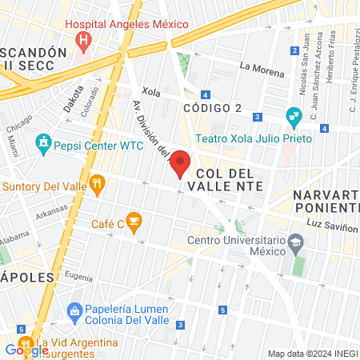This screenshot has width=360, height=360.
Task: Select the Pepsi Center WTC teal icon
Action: pos(43,146)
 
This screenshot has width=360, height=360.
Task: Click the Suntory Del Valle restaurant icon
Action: pos(98,186)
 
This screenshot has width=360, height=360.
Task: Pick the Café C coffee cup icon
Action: pos(134,219)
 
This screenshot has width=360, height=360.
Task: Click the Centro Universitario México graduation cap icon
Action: pos(296,241)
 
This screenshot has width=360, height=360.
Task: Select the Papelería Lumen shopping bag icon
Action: pos(74,310)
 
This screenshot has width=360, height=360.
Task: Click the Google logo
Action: pos(26,350)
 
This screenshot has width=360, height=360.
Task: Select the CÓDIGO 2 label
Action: pos(212,108)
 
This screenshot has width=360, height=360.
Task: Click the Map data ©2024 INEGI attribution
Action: pos(312,353)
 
